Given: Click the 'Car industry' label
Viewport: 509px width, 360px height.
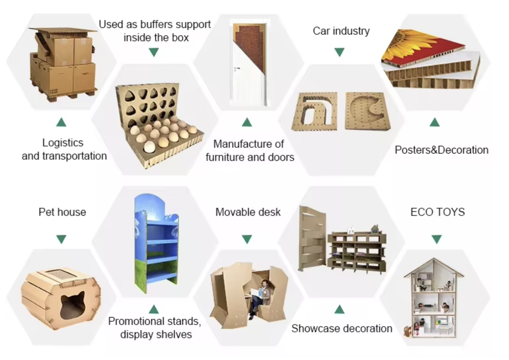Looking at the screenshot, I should click(341, 31).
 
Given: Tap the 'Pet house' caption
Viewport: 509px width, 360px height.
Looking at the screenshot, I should click(62, 212).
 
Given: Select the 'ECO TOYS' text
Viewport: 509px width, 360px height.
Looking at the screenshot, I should click(437, 212).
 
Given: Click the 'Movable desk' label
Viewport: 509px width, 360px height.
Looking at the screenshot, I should click(248, 212).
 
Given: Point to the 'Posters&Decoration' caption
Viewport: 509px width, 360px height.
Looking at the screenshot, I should click(441, 150).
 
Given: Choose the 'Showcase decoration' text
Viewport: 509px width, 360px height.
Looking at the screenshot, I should click(341, 328).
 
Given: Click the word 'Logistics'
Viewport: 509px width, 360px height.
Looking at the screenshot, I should click(63, 142).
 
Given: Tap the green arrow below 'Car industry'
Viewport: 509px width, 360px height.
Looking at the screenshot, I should click(339, 52).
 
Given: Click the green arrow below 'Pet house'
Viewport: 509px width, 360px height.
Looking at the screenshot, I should click(61, 239).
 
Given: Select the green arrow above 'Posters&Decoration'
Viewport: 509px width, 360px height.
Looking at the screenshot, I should click(434, 122).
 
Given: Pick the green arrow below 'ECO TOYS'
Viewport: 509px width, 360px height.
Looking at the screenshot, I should click(436, 239).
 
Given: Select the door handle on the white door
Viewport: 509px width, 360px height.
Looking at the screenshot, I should click(237, 69).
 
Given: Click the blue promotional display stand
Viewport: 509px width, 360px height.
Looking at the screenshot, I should click(156, 245).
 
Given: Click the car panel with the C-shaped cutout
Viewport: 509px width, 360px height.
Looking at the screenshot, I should click(367, 111).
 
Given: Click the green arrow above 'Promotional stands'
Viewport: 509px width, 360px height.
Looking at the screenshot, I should click(154, 309).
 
